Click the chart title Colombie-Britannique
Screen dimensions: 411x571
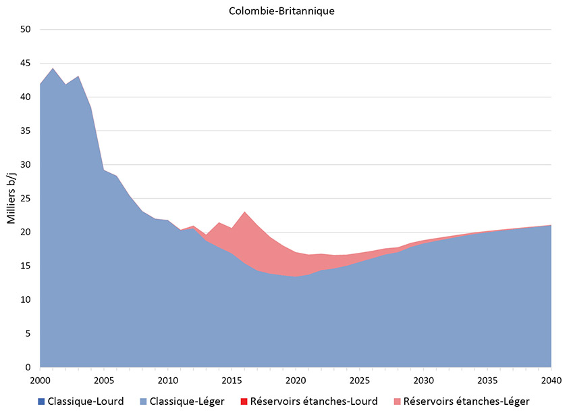click(x=283, y=11)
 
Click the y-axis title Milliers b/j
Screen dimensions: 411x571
click(x=11, y=198)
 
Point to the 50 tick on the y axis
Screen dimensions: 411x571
click(x=26, y=30)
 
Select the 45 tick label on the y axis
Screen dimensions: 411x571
click(x=26, y=64)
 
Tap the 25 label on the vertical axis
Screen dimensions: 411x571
click(x=26, y=199)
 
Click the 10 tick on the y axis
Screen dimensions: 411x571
click(x=26, y=300)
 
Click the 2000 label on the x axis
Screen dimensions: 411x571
click(x=40, y=380)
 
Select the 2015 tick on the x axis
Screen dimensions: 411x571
click(x=232, y=380)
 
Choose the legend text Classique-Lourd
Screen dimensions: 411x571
click(x=86, y=402)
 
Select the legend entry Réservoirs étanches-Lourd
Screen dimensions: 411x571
click(x=314, y=402)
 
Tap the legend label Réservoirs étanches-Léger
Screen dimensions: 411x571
click(x=466, y=402)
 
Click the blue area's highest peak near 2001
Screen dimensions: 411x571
click(x=53, y=69)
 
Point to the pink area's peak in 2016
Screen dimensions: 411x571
click(x=245, y=213)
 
